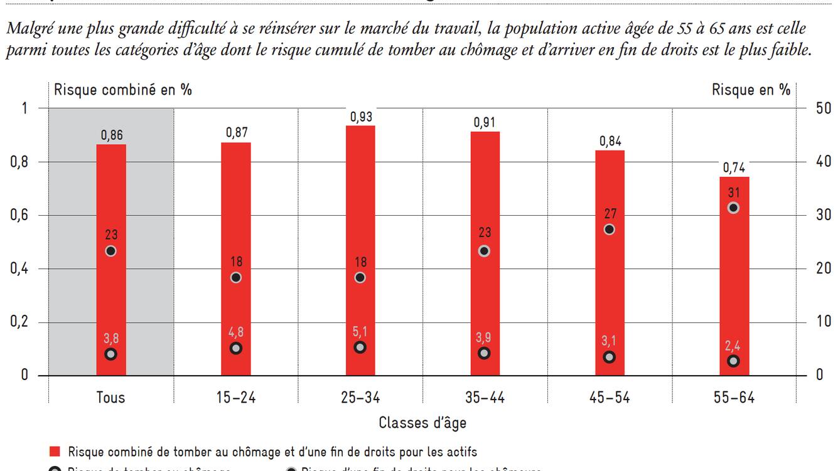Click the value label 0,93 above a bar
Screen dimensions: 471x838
coord(361,117)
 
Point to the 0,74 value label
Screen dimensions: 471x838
coord(733,167)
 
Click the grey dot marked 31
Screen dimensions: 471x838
coord(733,208)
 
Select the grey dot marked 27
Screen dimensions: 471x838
coord(609,230)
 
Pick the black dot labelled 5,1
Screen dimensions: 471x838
coord(360,347)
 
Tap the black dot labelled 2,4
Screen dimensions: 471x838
coord(733,361)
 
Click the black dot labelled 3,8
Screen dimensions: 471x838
coord(111,354)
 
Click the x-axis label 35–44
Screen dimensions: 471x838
coord(484,398)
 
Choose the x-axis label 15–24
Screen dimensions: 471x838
coord(235,398)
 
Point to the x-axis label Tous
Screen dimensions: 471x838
coord(111,398)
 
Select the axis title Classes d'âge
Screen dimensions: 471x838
coord(422,423)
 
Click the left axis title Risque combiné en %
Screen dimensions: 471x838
coord(123,90)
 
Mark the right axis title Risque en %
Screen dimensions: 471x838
coord(751,90)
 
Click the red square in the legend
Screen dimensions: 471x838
coord(55,452)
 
